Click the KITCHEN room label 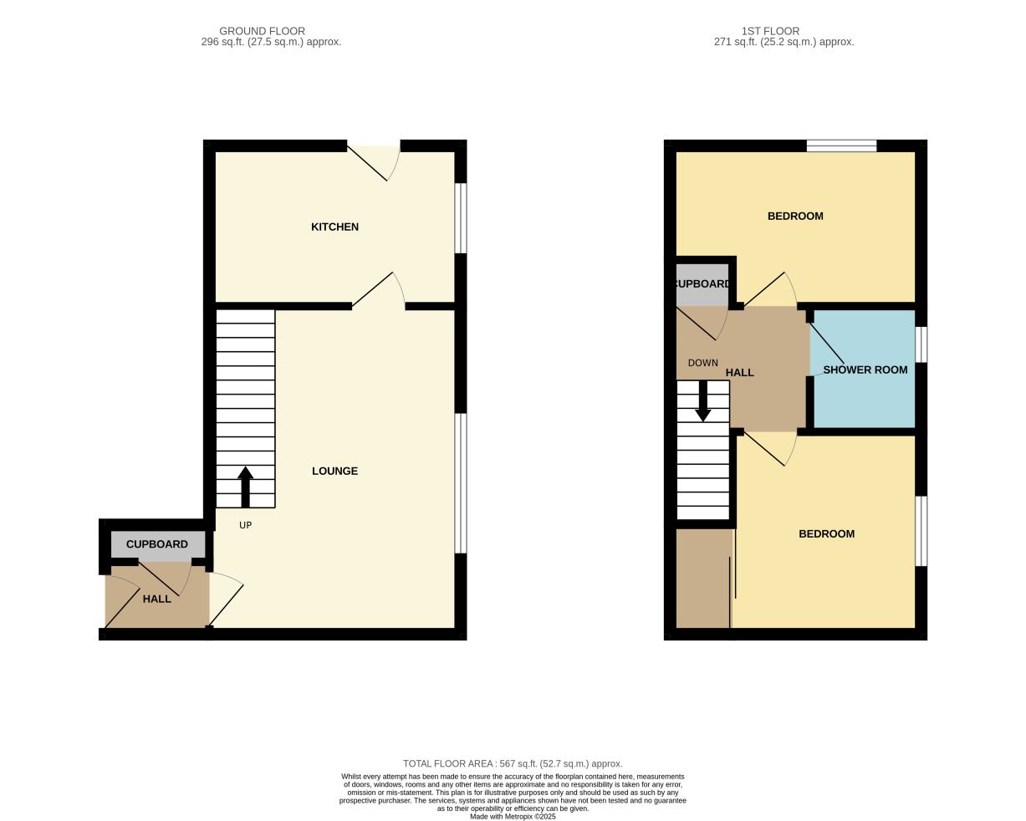(334, 227)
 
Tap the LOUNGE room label (334, 471)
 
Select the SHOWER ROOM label (865, 370)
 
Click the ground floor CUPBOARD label (157, 544)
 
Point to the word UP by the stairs (245, 525)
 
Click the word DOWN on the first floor (702, 363)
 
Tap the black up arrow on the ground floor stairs (245, 487)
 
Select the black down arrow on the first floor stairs (702, 401)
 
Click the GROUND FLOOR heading (262, 31)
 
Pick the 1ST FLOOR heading (770, 31)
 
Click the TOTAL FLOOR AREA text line (513, 764)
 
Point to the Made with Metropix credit (513, 817)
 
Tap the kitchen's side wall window (460, 218)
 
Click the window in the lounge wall (460, 483)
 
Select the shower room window (921, 344)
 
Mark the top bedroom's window (841, 146)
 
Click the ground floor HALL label (157, 599)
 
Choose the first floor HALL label (739, 373)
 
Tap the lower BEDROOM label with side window (826, 534)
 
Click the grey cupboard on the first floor (702, 284)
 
